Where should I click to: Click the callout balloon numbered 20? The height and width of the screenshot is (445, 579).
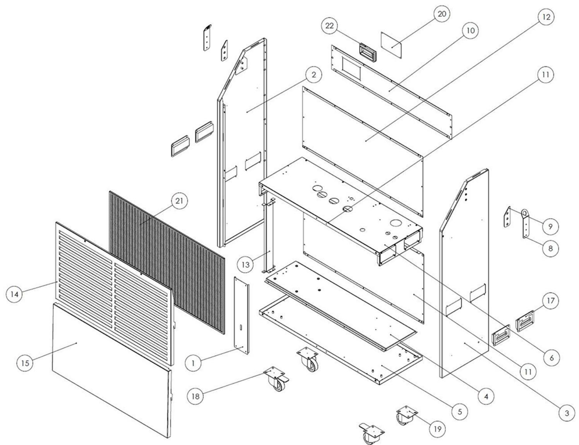click(441, 14)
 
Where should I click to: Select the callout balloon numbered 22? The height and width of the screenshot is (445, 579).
click(330, 26)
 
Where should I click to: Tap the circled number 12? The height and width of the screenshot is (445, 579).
click(546, 17)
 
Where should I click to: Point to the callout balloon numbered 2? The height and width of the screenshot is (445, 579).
click(313, 75)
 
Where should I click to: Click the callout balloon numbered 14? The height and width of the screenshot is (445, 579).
click(14, 294)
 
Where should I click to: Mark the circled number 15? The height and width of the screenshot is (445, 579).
click(25, 363)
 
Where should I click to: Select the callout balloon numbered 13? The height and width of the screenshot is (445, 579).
click(246, 265)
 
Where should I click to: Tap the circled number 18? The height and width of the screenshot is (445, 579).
click(197, 397)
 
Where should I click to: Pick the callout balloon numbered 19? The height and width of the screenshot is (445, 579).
click(438, 429)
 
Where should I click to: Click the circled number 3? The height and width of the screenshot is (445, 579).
click(567, 413)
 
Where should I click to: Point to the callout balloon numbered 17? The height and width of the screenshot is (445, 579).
click(551, 300)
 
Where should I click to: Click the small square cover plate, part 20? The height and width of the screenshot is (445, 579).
click(392, 45)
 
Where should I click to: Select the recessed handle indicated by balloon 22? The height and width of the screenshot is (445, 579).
click(368, 52)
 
